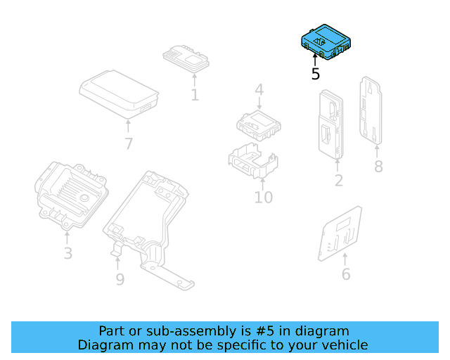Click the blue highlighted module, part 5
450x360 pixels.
click(x=323, y=41)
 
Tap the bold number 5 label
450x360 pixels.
click(x=316, y=74)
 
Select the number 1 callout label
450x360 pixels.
click(x=194, y=94)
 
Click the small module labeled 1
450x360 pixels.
click(x=186, y=56)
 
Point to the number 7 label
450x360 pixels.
click(x=128, y=144)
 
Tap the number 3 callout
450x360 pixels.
click(x=67, y=253)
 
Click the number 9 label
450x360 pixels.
click(x=120, y=279)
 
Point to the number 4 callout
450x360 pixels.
click(x=259, y=90)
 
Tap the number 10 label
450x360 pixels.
click(x=263, y=198)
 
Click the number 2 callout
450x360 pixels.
click(x=338, y=181)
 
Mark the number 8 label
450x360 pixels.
click(x=378, y=167)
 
